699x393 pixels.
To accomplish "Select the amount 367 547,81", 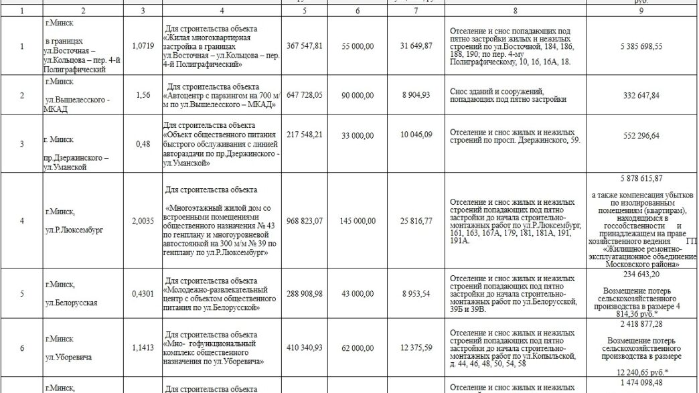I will pos(304,46).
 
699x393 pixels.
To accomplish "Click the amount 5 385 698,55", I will pos(641,46).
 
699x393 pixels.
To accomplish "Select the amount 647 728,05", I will pos(304,96).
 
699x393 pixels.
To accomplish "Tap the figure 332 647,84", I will pos(641,96).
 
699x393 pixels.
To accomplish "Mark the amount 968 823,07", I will pos(304,220).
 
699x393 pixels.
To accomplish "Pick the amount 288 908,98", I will pos(304,293).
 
